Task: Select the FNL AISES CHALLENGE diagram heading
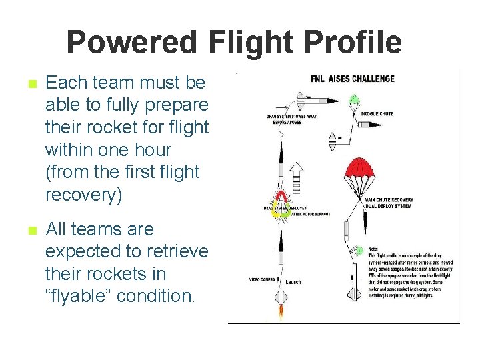tap(353, 79)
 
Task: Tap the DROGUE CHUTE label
tap(377, 114)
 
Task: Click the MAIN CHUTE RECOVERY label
tap(389, 199)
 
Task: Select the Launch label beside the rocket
tap(293, 282)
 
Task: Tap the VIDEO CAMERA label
tap(263, 279)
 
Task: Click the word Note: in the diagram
tap(373, 249)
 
